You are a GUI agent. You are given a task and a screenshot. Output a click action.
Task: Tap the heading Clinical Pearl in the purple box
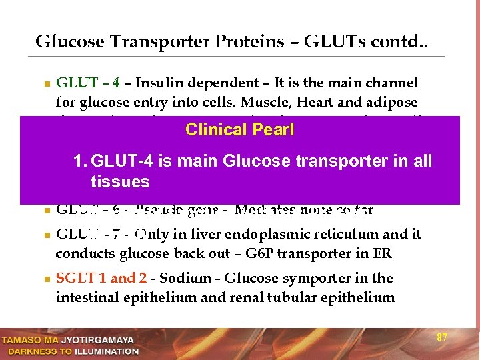tap(239, 129)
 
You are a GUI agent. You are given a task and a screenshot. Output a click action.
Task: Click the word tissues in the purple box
tap(120, 182)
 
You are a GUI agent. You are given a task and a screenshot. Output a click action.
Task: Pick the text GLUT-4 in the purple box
tap(121, 161)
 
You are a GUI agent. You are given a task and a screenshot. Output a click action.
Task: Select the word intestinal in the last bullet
tap(84, 297)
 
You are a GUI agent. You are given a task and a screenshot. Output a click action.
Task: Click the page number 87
tap(441, 337)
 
